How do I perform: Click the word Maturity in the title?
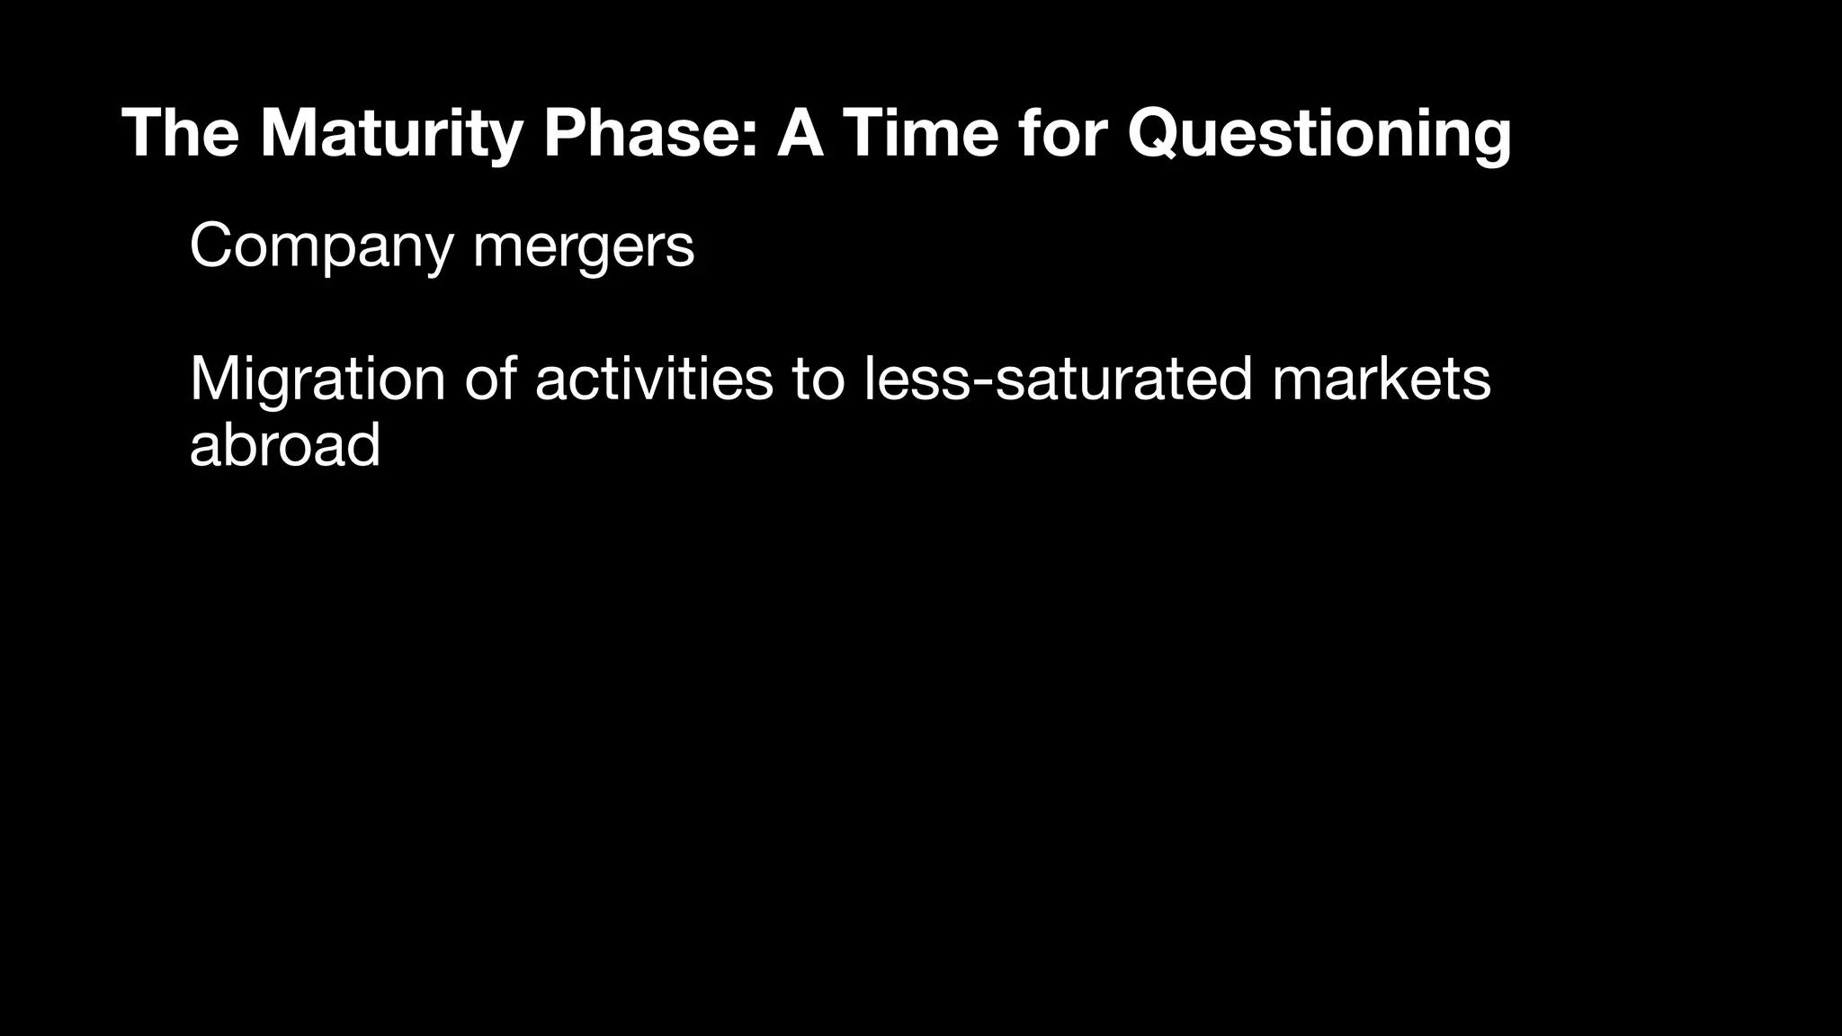click(x=391, y=133)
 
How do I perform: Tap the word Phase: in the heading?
click(x=651, y=133)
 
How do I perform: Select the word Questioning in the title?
click(x=1319, y=133)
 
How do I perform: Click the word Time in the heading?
click(x=919, y=133)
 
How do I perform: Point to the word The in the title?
click(x=180, y=133)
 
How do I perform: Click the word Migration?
click(x=317, y=379)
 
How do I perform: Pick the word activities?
click(x=654, y=379)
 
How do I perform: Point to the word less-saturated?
click(x=1058, y=379)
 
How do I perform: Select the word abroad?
click(x=285, y=444)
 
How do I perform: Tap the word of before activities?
click(x=490, y=379)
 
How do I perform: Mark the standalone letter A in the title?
click(x=800, y=133)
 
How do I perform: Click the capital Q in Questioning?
click(x=1157, y=133)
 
